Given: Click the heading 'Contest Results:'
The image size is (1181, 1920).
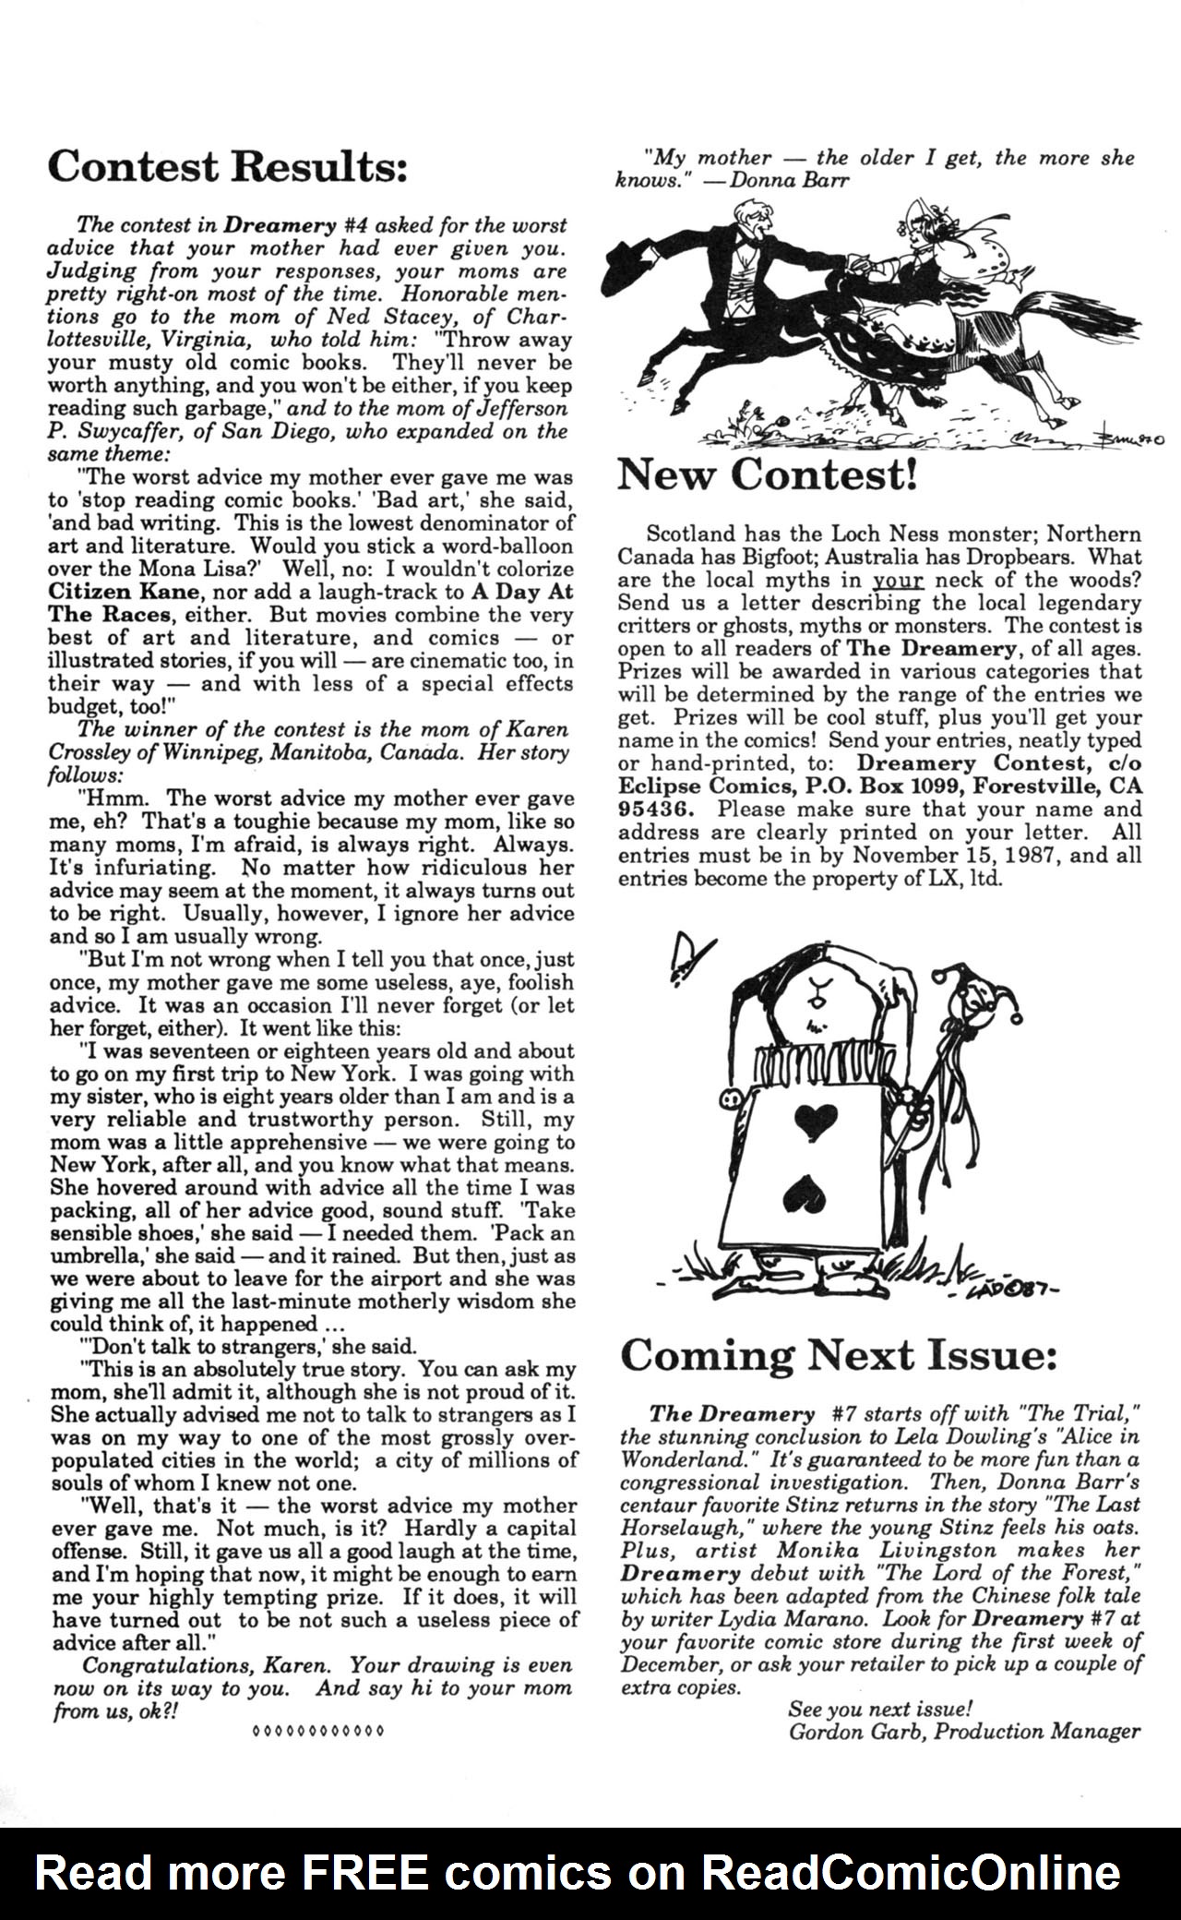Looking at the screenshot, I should click(226, 167).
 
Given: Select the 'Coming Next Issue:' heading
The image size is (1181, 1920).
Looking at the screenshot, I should click(837, 1355).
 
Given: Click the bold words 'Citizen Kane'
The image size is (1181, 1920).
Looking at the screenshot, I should click(106, 592).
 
